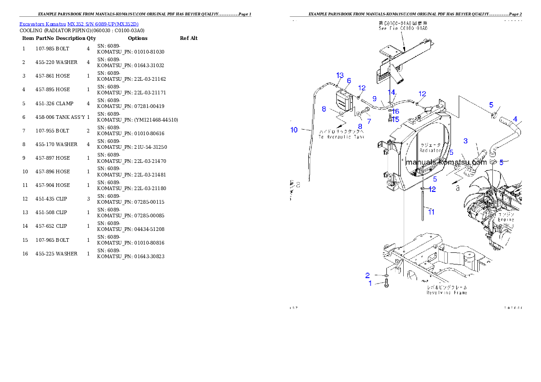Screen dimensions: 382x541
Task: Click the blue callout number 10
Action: (294, 130)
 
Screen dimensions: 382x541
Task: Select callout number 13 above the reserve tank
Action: (340, 75)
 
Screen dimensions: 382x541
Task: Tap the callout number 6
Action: (349, 81)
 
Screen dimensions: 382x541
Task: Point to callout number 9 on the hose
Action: (374, 98)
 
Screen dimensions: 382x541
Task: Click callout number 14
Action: (391, 92)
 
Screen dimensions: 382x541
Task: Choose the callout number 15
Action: (396, 119)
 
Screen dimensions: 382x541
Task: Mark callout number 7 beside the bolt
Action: (369, 121)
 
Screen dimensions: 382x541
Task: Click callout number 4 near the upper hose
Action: (515, 119)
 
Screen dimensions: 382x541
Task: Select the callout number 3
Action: (466, 141)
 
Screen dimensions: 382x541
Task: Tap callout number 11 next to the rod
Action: (431, 212)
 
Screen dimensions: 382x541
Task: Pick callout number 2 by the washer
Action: (367, 275)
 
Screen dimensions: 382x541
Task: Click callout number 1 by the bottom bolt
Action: (370, 284)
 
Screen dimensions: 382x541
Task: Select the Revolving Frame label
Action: (446, 293)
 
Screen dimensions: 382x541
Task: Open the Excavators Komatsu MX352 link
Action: (79, 24)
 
